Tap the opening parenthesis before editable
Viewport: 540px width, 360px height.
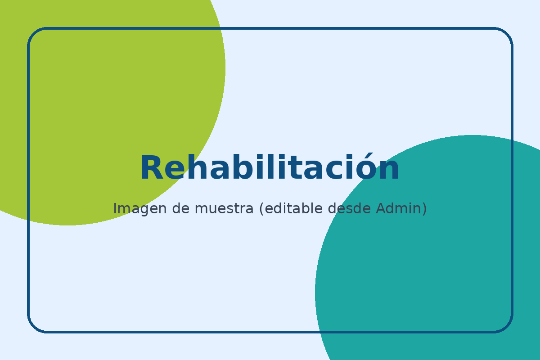(261, 209)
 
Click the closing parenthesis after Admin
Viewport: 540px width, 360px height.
(424, 209)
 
